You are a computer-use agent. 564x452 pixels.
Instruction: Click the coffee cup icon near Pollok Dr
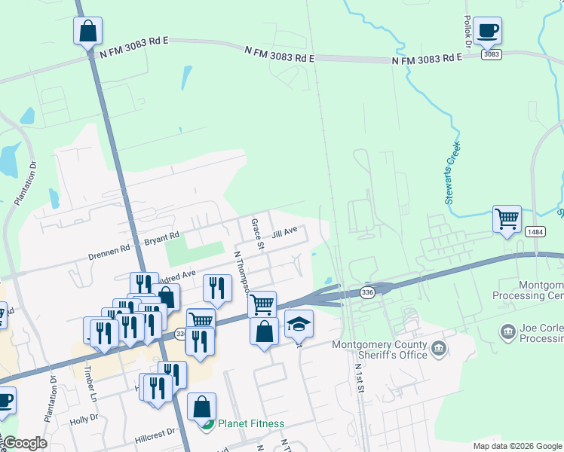487,31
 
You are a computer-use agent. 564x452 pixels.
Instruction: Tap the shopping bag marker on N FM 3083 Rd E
87,31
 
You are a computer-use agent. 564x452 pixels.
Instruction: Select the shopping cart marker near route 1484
507,219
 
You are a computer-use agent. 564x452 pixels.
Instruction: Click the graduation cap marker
299,324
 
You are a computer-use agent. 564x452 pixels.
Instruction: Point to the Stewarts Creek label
453,173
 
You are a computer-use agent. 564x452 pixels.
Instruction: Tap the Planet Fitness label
251,423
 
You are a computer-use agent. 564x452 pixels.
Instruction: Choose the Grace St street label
257,234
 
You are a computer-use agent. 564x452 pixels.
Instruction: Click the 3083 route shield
492,54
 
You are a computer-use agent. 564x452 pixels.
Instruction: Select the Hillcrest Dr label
155,432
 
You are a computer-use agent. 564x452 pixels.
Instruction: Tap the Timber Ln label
90,383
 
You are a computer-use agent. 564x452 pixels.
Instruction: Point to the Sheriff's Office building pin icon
439,349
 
